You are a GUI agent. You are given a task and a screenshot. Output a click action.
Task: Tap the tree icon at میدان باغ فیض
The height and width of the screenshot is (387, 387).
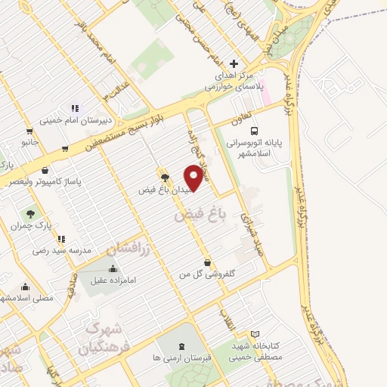[166, 175]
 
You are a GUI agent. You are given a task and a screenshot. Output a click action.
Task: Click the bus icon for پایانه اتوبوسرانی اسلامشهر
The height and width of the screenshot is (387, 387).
[255, 129]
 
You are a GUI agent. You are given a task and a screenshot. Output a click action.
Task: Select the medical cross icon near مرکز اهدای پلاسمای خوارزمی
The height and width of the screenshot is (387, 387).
[234, 63]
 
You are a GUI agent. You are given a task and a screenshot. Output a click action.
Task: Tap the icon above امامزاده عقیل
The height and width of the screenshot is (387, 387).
[113, 268]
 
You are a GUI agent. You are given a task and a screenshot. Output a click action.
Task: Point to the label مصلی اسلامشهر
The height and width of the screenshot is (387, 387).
[30, 299]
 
